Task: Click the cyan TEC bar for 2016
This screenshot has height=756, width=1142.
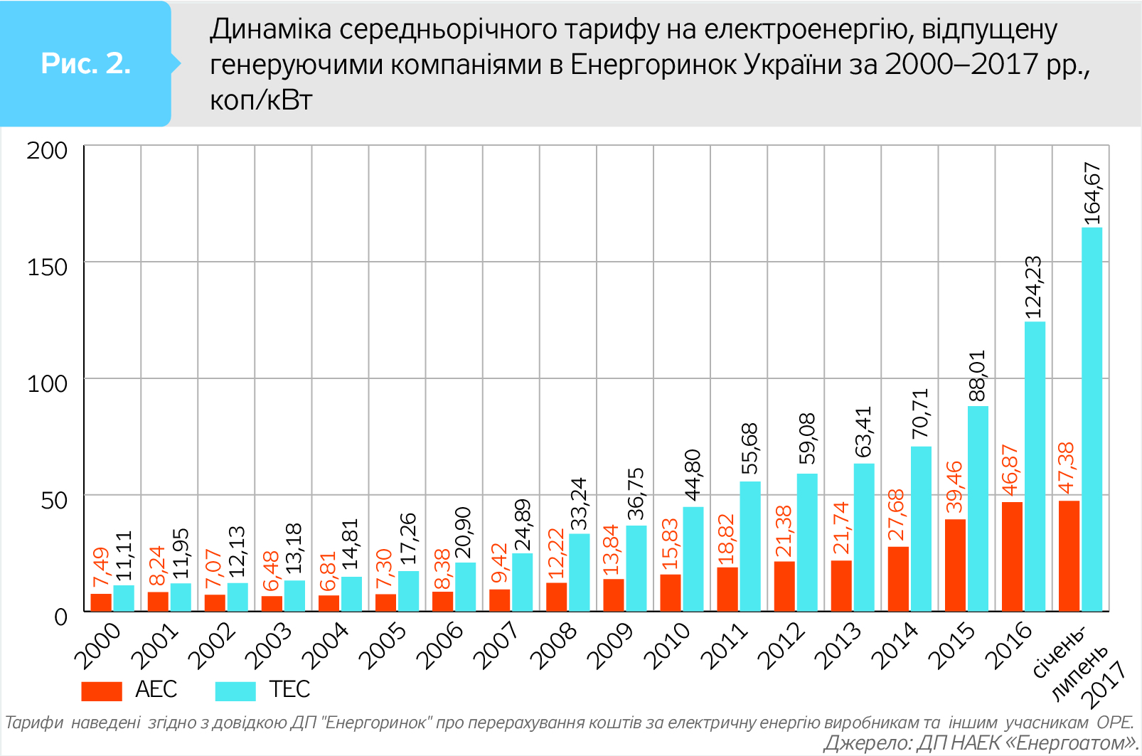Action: [1035, 466]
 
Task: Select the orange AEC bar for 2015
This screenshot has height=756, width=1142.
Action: [955, 565]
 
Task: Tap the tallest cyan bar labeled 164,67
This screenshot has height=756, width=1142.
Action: [1092, 419]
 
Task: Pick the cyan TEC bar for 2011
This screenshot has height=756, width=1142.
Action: [750, 545]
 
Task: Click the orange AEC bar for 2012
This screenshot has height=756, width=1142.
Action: [784, 586]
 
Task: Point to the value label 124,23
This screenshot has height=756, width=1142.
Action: [1033, 287]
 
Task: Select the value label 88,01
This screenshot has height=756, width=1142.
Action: [977, 376]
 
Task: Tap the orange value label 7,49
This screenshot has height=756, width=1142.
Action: [101, 568]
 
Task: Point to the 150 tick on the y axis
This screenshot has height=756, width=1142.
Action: [47, 267]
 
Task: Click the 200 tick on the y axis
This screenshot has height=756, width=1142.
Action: [47, 151]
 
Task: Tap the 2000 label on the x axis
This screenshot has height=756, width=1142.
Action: [97, 645]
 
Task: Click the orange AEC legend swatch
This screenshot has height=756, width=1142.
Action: [102, 691]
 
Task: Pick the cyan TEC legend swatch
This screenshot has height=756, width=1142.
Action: [235, 691]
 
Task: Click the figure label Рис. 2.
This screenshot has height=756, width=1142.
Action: [85, 64]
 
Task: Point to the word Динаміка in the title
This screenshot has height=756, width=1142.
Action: [271, 29]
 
